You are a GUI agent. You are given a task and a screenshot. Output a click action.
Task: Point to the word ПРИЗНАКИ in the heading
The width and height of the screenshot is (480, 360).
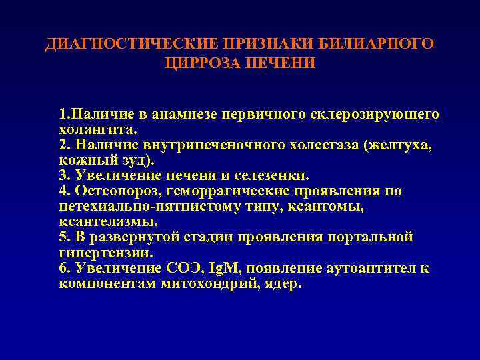[253, 44]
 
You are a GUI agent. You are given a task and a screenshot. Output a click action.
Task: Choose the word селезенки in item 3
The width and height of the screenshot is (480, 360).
[275, 175]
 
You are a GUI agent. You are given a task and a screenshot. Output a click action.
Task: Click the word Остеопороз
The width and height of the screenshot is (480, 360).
[111, 191]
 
